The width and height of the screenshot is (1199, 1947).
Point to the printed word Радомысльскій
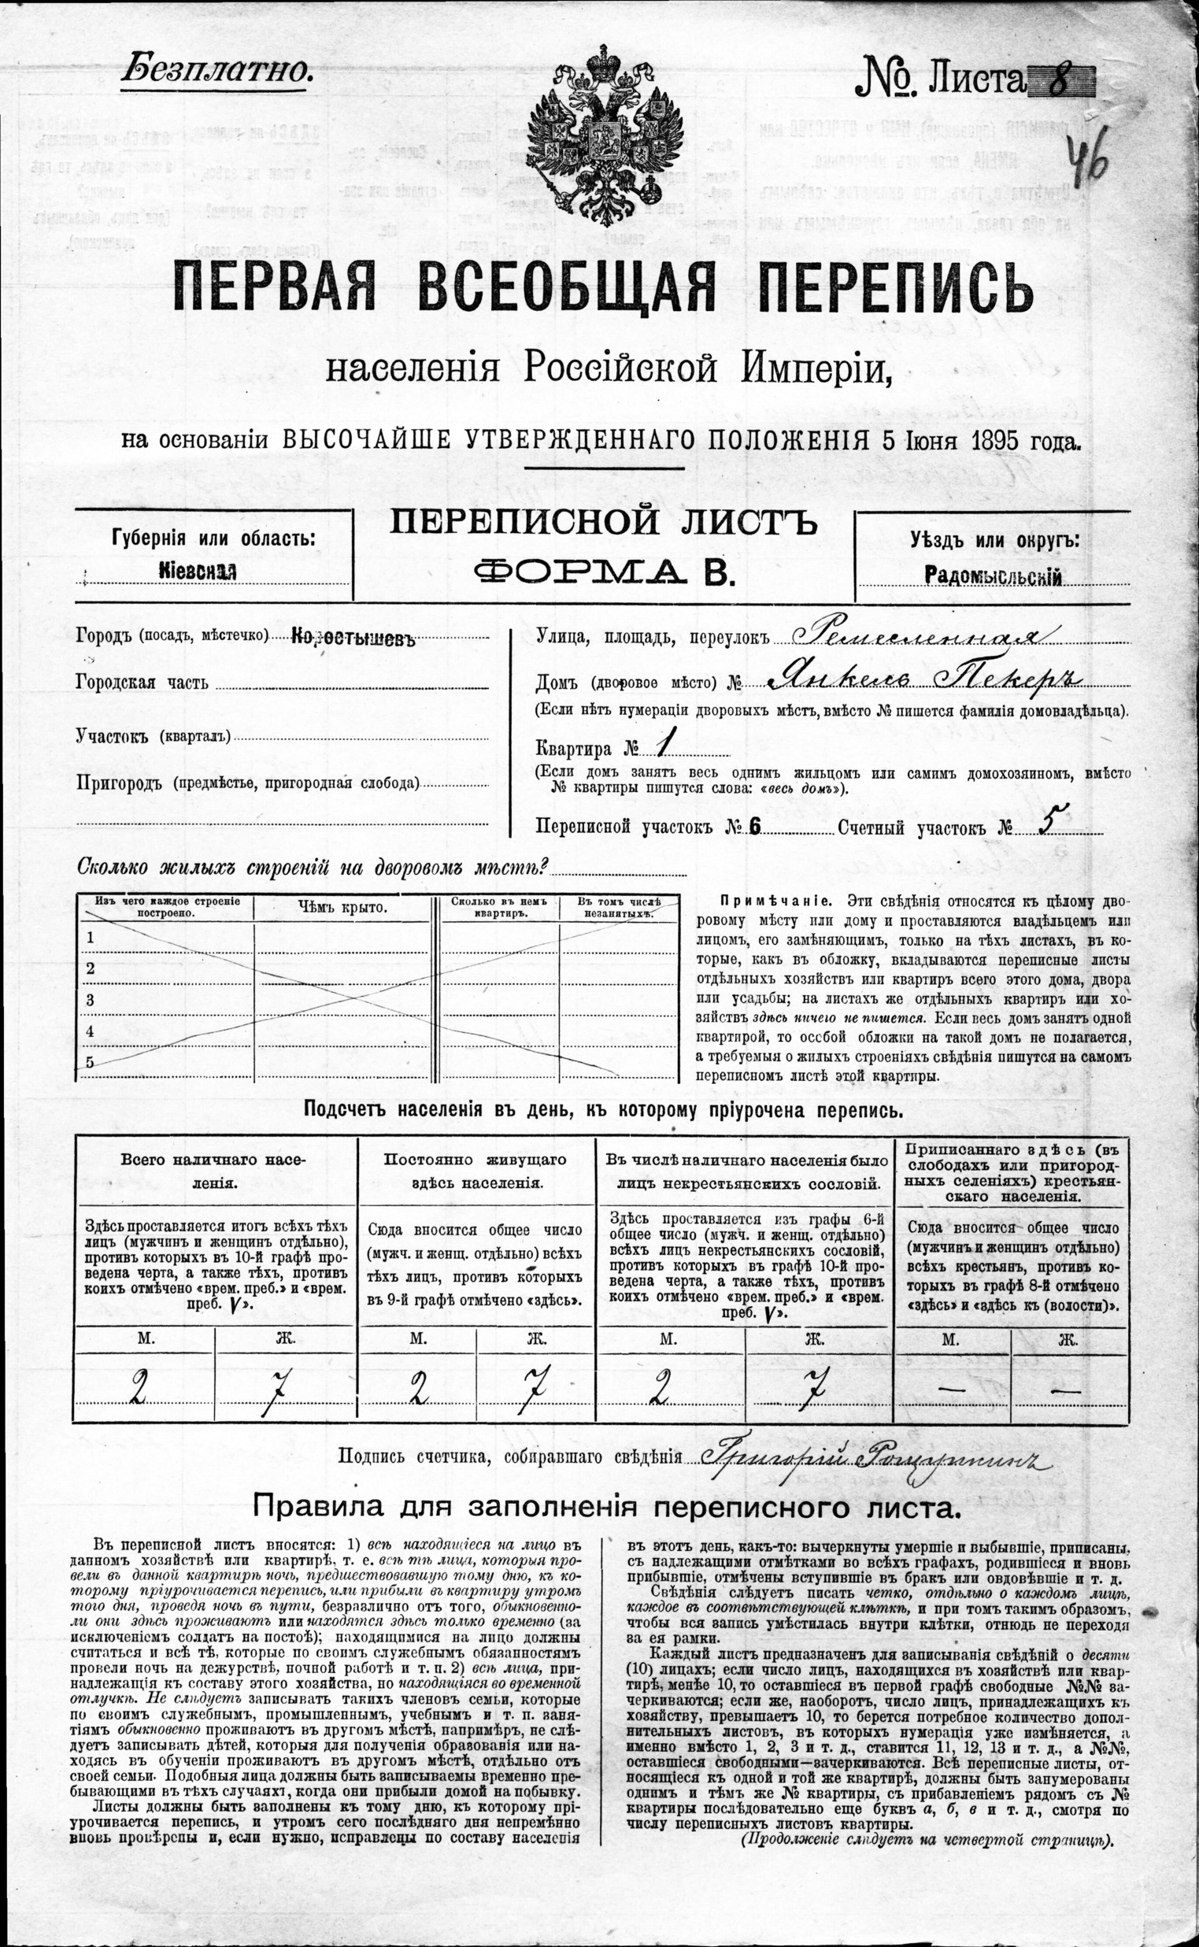pyautogui.click(x=994, y=576)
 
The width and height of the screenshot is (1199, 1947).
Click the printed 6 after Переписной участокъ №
pyautogui.click(x=753, y=827)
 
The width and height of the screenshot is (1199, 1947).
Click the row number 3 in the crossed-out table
pyautogui.click(x=91, y=999)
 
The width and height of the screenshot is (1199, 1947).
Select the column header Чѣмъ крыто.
pyautogui.click(x=342, y=907)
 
